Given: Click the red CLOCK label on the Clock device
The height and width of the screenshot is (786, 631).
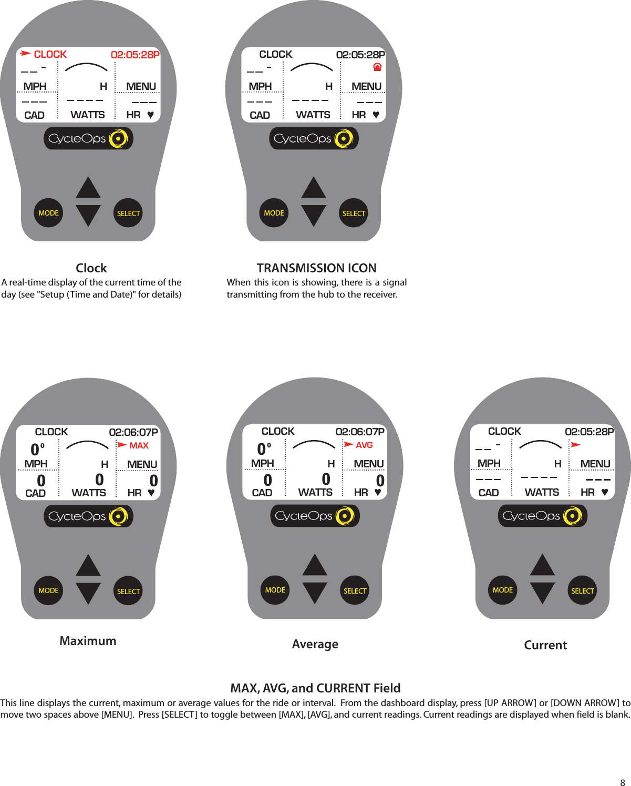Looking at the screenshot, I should (x=50, y=54).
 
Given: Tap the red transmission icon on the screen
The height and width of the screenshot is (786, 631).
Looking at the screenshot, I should (x=377, y=67).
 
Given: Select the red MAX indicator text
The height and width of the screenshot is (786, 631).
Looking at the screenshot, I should (x=139, y=445).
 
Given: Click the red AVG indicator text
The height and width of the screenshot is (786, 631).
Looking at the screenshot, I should (x=364, y=445).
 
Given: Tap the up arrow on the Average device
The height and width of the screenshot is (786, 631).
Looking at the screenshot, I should (x=315, y=565).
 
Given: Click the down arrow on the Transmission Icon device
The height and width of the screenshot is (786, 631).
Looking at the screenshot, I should (x=314, y=215).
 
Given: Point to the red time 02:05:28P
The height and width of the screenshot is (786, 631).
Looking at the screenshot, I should (x=135, y=55).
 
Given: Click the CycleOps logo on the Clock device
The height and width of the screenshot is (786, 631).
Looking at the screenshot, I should (x=88, y=139).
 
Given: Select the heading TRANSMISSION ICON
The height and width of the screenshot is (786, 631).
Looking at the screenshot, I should (x=316, y=268).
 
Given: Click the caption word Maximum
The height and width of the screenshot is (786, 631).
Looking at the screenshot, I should (x=88, y=641).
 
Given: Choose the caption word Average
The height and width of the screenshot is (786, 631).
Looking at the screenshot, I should (x=315, y=644).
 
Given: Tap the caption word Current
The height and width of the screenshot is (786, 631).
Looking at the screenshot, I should (x=545, y=645).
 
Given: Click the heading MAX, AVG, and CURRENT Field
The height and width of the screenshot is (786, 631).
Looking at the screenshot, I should (x=315, y=688).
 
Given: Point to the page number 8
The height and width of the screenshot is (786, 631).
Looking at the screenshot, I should (x=623, y=782).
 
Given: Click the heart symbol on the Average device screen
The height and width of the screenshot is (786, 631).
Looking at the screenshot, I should (x=378, y=493).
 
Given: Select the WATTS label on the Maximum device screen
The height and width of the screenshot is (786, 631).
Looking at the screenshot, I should (x=89, y=493).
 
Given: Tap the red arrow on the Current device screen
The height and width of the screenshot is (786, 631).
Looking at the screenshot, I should (x=576, y=445).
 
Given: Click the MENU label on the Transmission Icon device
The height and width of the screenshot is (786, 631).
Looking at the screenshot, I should (x=366, y=86).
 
